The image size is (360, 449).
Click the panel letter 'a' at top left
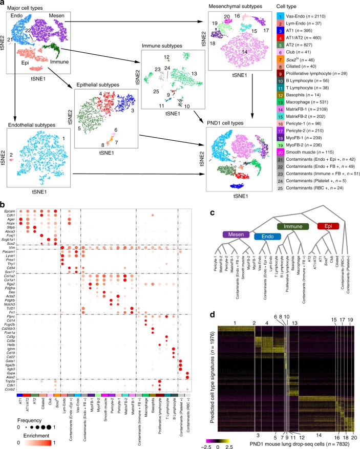coord(4,4)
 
